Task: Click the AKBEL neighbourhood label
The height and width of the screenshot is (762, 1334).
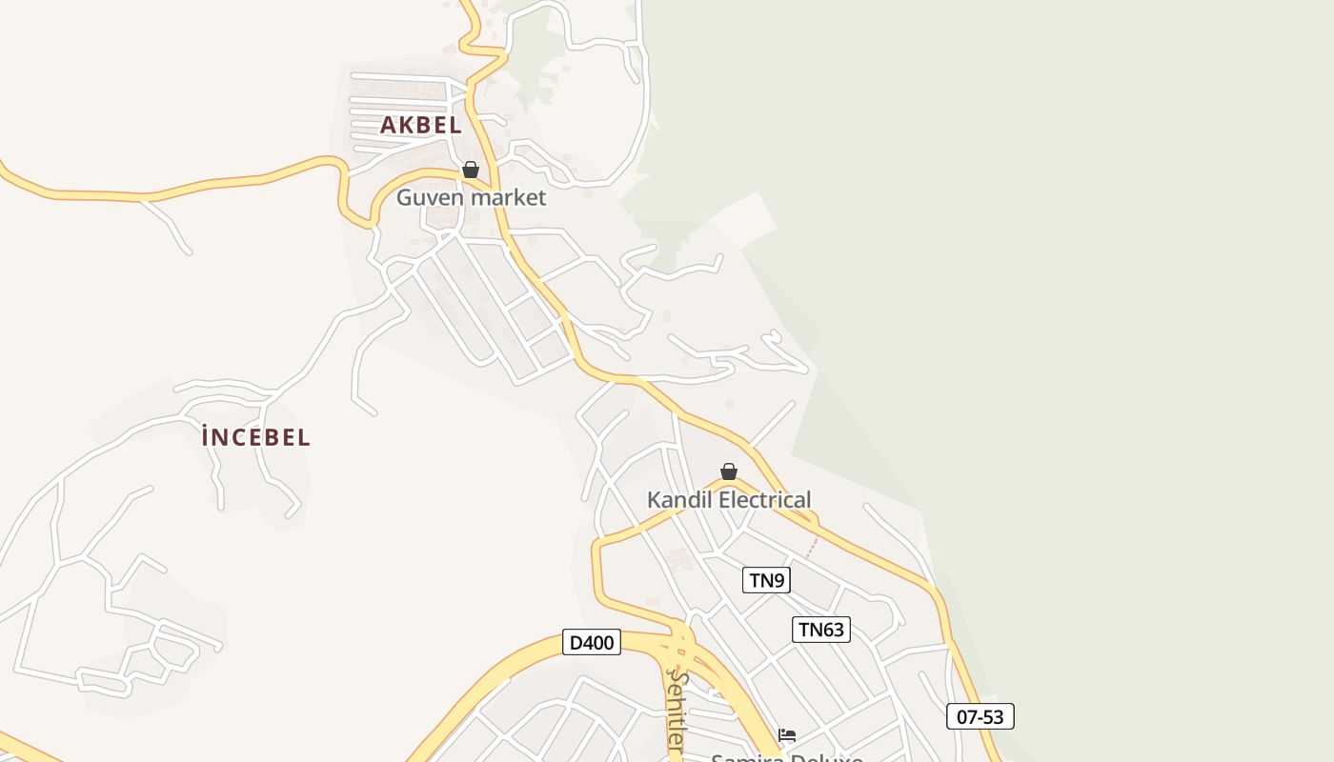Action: pos(420,125)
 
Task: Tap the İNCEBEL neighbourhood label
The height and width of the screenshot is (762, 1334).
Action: pos(255,437)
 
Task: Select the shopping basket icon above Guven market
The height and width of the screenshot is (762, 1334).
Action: pos(470,170)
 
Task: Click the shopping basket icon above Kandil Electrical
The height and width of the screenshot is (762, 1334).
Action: pos(729,471)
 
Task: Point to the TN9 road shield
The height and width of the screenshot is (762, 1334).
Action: pos(766,580)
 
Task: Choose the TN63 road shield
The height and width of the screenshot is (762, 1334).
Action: pos(820,630)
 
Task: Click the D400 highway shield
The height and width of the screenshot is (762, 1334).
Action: pos(591,643)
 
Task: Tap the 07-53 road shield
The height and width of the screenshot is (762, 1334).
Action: pos(980,716)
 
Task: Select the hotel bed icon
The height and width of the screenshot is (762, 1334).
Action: pos(787,734)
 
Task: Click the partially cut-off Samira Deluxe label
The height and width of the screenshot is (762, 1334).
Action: pos(787,757)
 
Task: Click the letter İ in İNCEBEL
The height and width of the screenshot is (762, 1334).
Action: pos(206,437)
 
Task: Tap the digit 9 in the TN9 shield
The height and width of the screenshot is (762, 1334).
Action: pos(780,580)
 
